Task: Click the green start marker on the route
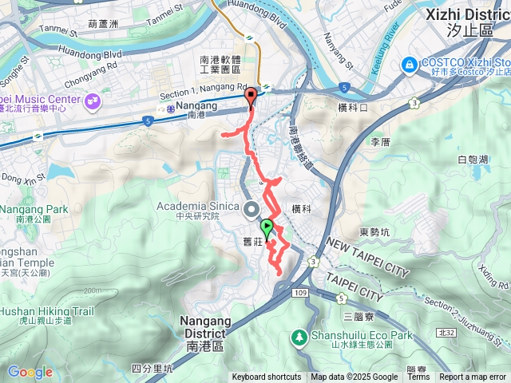[267, 227]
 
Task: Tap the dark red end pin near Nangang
[251, 97]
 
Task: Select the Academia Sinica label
[197, 207]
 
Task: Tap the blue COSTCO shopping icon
[409, 63]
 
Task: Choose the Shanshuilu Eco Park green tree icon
[300, 337]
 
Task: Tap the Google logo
[30, 372]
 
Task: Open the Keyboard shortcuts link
[267, 377]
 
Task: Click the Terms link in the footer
[418, 377]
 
